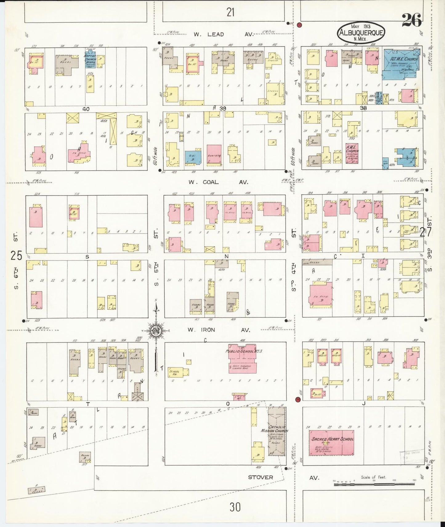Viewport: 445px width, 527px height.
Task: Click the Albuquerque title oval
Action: (361, 33)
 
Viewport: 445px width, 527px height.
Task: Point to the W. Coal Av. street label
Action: (218, 182)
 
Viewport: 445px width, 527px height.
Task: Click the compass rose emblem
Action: (156, 331)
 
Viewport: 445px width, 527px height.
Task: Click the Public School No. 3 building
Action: (243, 358)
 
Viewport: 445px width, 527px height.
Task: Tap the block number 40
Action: (86, 109)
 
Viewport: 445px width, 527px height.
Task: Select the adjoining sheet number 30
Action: (235, 507)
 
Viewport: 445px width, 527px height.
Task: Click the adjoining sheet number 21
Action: (230, 12)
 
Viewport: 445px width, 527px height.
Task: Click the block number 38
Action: (363, 108)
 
